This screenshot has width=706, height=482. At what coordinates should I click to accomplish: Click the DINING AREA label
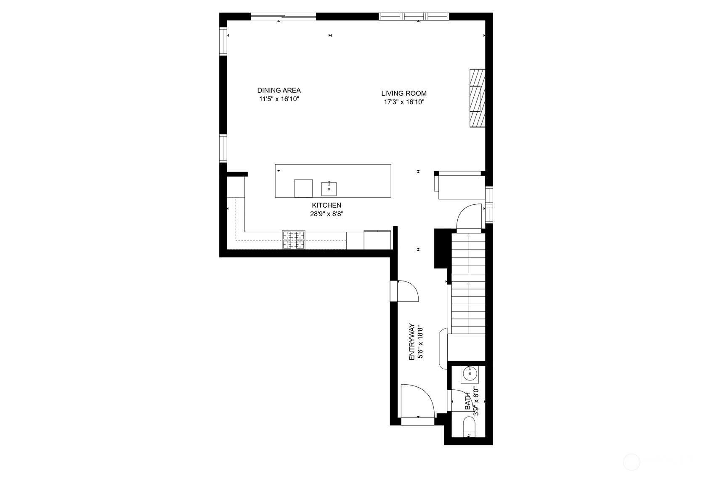coord(279,90)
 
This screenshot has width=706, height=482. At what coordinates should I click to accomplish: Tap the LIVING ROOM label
coord(404,93)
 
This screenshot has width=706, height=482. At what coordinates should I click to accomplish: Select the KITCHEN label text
coord(326,205)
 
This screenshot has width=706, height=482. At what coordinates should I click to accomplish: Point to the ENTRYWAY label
coord(412,342)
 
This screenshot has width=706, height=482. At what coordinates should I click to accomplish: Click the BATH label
coord(467,401)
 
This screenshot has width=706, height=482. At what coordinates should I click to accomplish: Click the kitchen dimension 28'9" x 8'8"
coord(326,214)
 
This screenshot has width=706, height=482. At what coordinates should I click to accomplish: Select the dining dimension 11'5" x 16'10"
coord(279,99)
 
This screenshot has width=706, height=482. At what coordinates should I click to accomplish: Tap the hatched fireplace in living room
coord(477,98)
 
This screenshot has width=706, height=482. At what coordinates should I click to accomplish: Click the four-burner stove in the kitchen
coord(294,240)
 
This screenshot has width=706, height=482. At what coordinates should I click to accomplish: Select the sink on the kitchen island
coord(329,189)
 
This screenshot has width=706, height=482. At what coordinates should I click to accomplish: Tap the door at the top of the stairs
coord(468,217)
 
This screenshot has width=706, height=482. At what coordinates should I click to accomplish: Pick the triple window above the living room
coord(414,16)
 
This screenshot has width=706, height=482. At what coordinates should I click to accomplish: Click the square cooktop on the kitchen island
coord(303,188)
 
